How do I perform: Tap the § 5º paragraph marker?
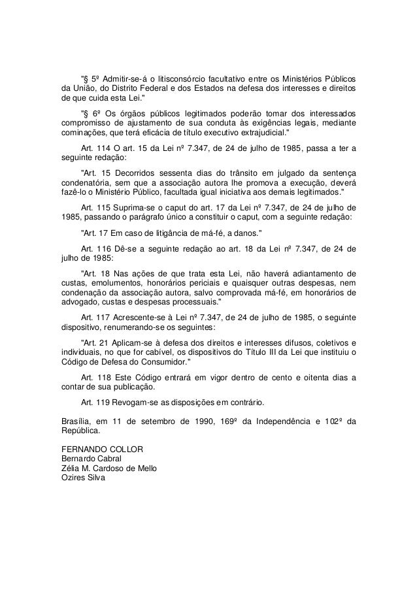[x=88, y=79]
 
